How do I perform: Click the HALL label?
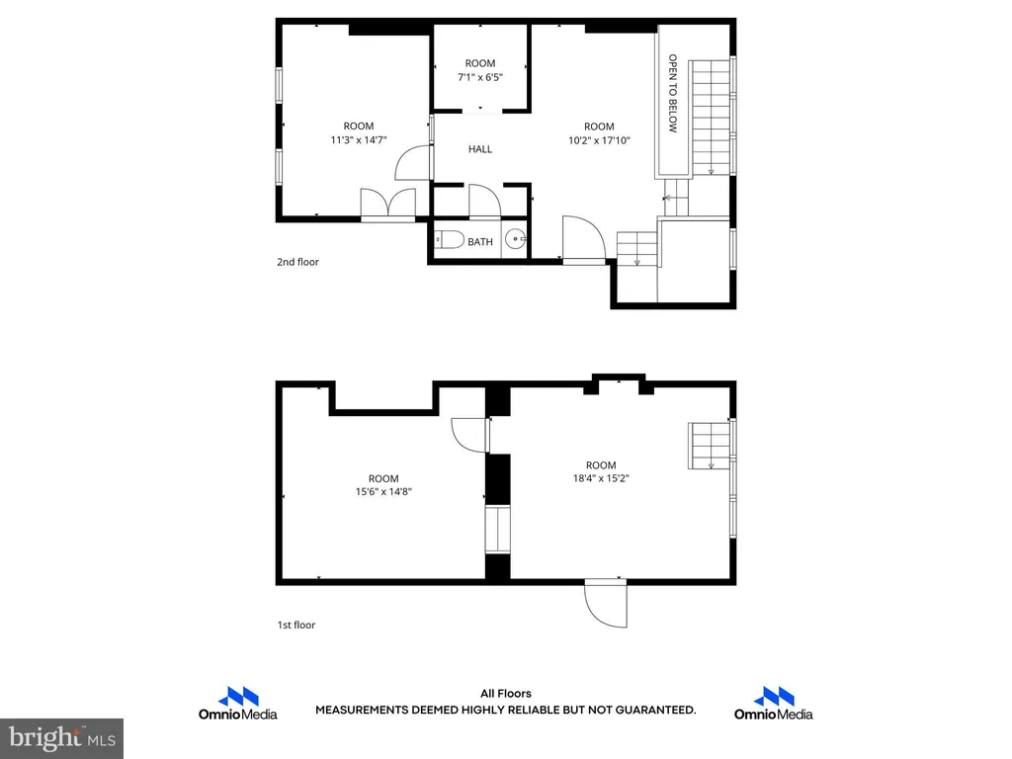click(x=480, y=149)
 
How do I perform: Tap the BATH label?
click(x=480, y=242)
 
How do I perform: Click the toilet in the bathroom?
click(x=450, y=240)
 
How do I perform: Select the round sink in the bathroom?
click(x=516, y=239)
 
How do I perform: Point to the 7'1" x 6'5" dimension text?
click(x=480, y=77)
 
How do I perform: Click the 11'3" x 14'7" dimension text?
click(x=359, y=140)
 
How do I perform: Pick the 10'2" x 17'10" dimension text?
click(x=599, y=140)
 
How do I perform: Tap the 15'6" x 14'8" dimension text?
click(x=383, y=492)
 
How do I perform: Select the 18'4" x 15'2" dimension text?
click(x=601, y=478)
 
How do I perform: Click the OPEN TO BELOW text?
click(x=673, y=94)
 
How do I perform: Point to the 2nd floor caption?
click(x=297, y=262)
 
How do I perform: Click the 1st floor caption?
click(x=296, y=625)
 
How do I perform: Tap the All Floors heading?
click(x=505, y=694)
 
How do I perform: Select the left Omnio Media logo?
click(x=237, y=704)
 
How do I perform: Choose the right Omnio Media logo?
click(x=773, y=704)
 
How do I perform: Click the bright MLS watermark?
click(x=61, y=738)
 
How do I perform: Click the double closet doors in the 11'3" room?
click(x=387, y=206)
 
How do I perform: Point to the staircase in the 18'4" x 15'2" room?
click(x=710, y=446)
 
